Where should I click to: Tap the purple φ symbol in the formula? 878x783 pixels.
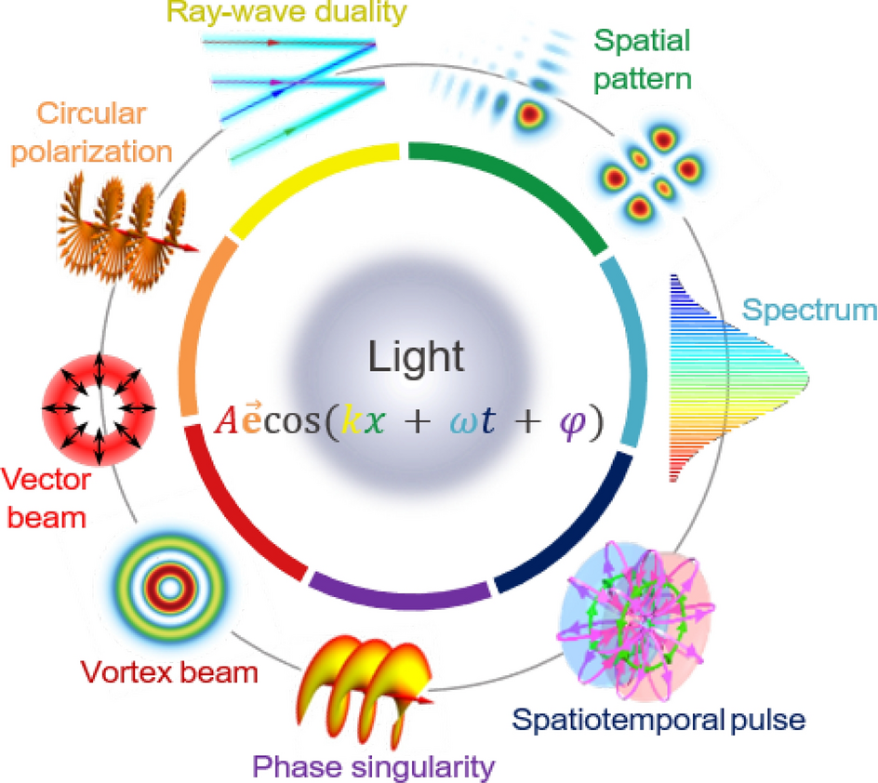point(567,422)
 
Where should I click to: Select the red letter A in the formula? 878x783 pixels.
point(224,424)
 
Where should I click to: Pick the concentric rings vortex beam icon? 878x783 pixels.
point(169,588)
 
